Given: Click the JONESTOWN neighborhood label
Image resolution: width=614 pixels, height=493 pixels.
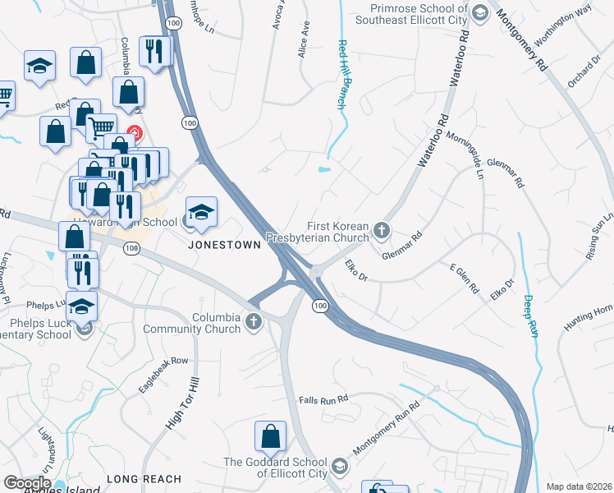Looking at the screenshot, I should tap(224, 245).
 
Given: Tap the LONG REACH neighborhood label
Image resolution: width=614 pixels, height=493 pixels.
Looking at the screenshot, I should tap(144, 478).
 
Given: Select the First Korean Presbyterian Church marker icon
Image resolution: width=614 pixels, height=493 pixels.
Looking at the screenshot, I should tap(381, 231).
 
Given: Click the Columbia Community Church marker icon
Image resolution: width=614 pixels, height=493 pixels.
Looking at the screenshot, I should tap(254, 322).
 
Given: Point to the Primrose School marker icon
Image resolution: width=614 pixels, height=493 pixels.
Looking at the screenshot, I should tap(480, 14).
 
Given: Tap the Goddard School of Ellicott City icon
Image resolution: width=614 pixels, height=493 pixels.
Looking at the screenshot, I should tap(341, 468).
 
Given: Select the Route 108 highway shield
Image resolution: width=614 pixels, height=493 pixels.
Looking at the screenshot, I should tap(132, 256).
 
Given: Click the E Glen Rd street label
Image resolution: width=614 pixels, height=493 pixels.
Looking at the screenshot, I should tap(464, 279).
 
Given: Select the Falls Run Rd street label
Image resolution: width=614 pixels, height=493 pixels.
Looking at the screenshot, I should tap(324, 399).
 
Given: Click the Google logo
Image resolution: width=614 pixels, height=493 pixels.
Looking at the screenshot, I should tap(27, 483).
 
